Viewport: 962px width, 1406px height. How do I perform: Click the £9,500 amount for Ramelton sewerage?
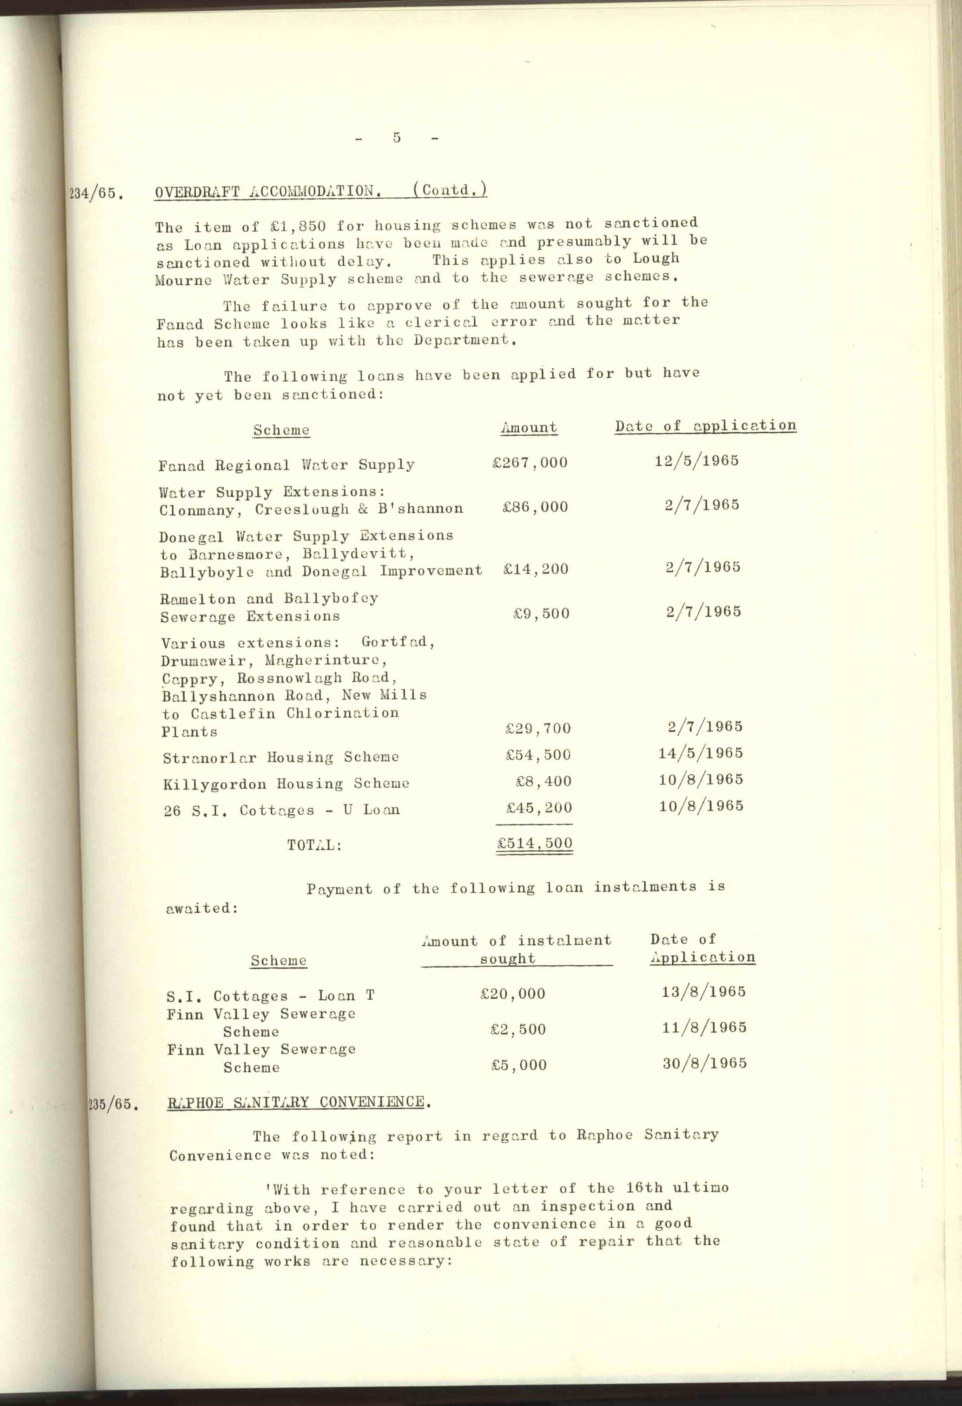click(541, 613)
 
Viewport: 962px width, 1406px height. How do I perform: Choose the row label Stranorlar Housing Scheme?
click(281, 757)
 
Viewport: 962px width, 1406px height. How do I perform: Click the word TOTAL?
click(314, 845)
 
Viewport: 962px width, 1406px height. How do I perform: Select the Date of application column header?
click(705, 426)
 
